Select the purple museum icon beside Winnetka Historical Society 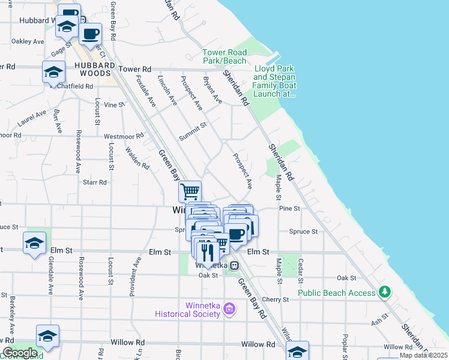point(228,309)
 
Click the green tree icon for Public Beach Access point(384,293)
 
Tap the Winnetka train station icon point(235,265)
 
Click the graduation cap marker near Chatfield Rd point(53,72)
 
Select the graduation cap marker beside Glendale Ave point(35,243)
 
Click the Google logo point(20,353)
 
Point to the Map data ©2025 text point(423,355)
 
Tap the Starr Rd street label point(94,182)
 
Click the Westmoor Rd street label point(124,136)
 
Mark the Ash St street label point(376,322)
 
